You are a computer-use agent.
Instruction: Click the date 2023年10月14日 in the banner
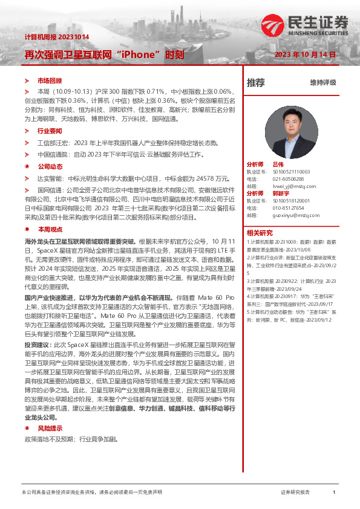click(305, 54)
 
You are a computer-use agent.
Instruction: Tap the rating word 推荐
click(256, 83)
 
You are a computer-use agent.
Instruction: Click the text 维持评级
click(322, 83)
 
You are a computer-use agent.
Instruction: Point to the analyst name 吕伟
click(278, 164)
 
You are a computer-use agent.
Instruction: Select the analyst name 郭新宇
click(281, 193)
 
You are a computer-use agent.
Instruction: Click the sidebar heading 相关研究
click(260, 233)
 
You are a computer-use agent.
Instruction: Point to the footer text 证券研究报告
click(296, 493)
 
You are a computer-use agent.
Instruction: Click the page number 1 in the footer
click(334, 493)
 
